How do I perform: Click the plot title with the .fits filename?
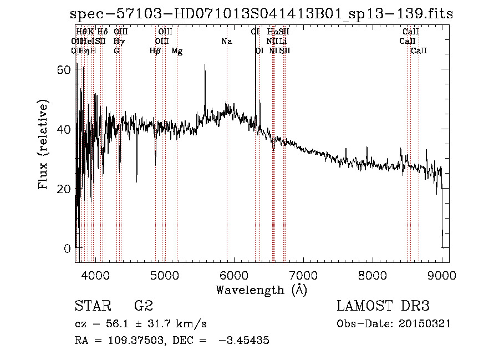[262, 14]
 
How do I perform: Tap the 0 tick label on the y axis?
[68, 248]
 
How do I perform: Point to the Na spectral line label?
[226, 42]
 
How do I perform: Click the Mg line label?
[177, 51]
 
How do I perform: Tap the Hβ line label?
[155, 51]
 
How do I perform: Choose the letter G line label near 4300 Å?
[116, 51]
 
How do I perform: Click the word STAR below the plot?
[91, 306]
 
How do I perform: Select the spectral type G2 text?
[144, 306]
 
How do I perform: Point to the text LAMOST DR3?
[383, 306]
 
